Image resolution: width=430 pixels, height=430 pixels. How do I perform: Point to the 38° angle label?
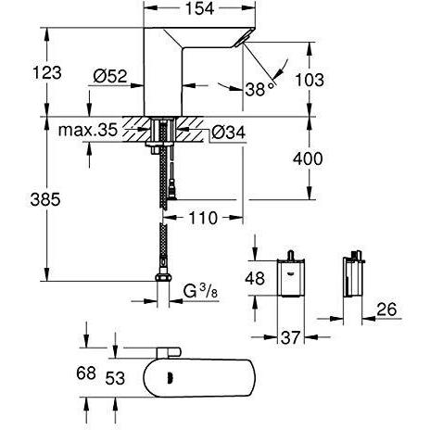(259, 88)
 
